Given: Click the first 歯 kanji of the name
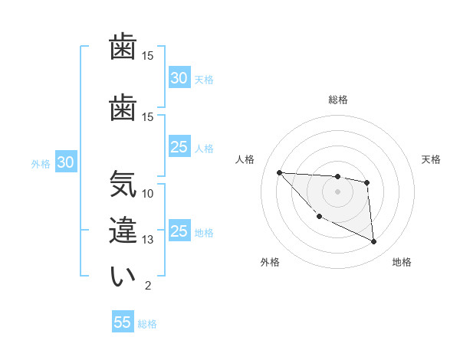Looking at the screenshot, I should (x=122, y=48).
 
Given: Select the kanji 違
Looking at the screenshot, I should (x=122, y=231).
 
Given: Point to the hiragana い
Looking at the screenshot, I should (x=122, y=277).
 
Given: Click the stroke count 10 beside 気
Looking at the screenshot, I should (x=148, y=193).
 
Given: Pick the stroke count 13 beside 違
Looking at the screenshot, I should (x=148, y=240).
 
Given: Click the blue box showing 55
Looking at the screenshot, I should (x=123, y=322).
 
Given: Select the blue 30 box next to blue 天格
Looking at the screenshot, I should (x=179, y=78).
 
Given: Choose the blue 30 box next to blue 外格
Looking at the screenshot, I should (x=64, y=162).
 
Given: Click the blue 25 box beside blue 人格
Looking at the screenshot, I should (x=179, y=148).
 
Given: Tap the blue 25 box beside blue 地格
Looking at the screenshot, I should (x=179, y=232).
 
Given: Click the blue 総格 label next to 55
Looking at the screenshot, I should (x=147, y=324).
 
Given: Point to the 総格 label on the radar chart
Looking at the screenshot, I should (x=337, y=100).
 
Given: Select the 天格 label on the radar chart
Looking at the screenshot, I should (x=432, y=159).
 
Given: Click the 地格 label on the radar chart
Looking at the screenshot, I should (x=402, y=262).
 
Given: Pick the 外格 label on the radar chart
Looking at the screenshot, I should (x=270, y=262).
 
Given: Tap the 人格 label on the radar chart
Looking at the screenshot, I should (x=245, y=159).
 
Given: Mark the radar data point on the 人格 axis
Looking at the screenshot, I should (x=279, y=172).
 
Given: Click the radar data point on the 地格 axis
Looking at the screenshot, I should (x=373, y=242).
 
